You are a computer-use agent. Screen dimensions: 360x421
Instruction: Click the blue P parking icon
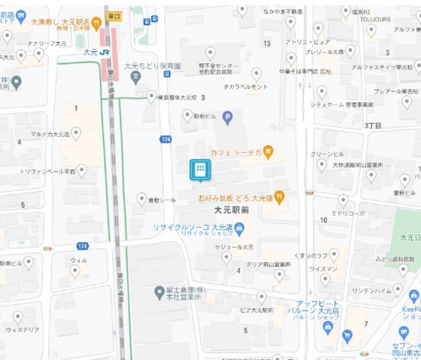pyautogui.click(x=226, y=116)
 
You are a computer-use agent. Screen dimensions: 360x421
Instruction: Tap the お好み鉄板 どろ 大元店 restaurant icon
pyautogui.click(x=279, y=197)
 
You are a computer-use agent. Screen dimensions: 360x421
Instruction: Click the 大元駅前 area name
pyautogui.click(x=232, y=211)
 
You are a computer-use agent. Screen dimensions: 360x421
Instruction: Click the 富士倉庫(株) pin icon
pyautogui.click(x=159, y=292)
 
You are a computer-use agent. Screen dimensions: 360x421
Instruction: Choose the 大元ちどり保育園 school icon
pyautogui.click(x=135, y=76)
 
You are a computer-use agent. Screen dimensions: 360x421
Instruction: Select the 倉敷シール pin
pyautogui.click(x=141, y=198)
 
